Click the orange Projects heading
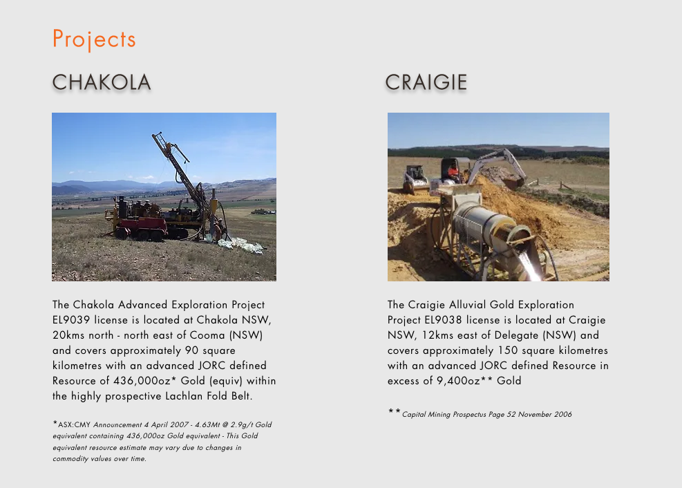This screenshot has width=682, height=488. pos(94,39)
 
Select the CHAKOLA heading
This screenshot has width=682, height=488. pos(102,82)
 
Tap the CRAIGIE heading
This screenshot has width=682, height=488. pos(426,82)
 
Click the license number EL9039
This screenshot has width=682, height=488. pos(71,320)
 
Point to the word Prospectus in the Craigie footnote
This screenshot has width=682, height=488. pos(469,415)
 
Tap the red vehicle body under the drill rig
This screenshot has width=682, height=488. pos(140,225)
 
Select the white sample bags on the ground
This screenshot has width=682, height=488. pos(240,245)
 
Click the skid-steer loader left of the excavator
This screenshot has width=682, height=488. pos(415,178)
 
